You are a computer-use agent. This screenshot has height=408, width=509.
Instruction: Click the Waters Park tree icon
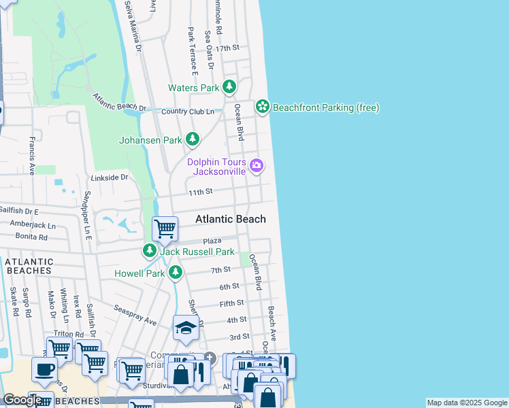[229, 87]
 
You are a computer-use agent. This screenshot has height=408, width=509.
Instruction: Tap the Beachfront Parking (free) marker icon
[262, 107]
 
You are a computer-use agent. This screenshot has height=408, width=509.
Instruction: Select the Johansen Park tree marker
[193, 139]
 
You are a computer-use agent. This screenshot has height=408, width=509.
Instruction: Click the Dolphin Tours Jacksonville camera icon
[257, 165]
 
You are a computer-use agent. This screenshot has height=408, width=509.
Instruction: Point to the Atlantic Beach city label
[231, 219]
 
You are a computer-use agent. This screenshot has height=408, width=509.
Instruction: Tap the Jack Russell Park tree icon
[150, 251]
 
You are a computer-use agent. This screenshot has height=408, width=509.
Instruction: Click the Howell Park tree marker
[176, 273]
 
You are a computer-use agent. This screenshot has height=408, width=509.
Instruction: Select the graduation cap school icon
[186, 328]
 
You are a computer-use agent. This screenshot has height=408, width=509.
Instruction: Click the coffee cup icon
[44, 369]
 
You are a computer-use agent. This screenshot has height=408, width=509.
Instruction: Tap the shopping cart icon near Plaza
[165, 229]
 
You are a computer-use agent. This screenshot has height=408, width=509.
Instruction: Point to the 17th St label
[227, 48]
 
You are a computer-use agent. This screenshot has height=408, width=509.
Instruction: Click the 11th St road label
[201, 192]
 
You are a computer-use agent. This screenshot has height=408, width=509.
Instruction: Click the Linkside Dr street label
[110, 177]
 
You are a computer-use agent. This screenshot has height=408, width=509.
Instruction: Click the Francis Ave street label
[31, 156]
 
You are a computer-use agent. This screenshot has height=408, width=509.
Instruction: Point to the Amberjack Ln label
[33, 224]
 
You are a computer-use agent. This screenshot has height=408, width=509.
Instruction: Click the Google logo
[22, 400]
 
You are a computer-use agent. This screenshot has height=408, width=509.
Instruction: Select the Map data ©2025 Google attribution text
[466, 403]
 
